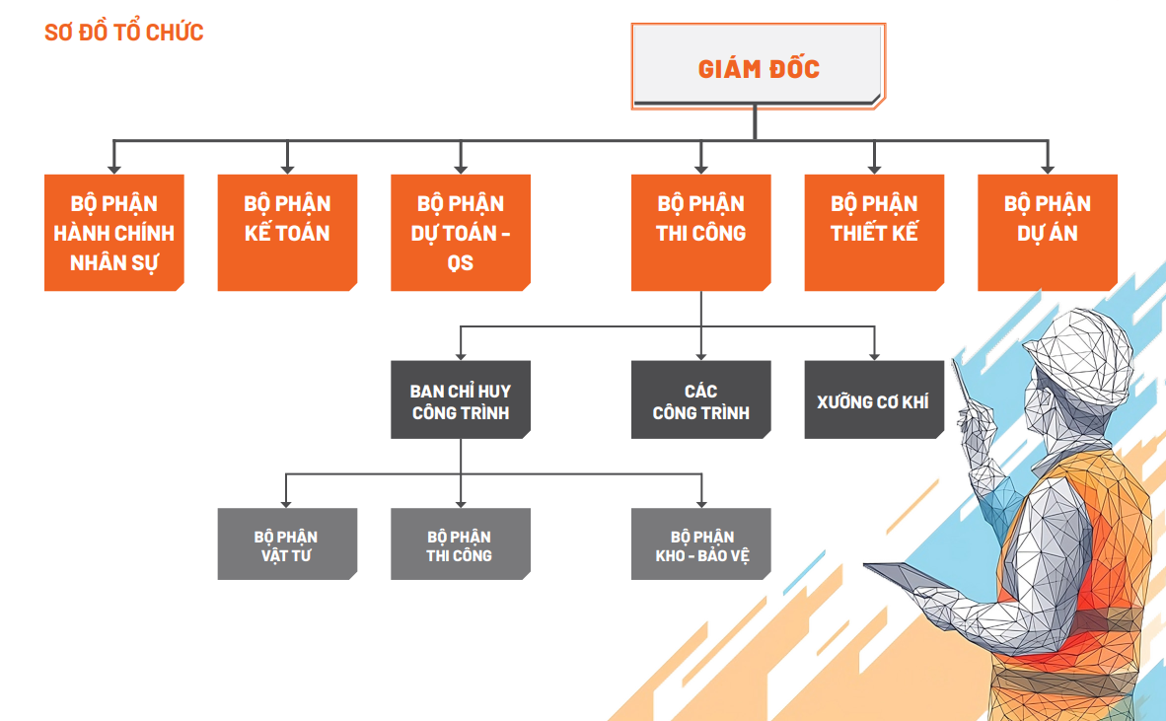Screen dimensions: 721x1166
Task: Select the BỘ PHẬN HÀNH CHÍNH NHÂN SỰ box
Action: [114, 233]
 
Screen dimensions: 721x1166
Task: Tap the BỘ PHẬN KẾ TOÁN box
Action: [287, 233]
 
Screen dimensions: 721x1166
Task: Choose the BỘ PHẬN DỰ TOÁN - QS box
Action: [461, 233]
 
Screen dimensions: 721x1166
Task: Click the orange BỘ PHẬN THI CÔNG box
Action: [701, 233]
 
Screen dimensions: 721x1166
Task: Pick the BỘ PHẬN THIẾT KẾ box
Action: [874, 233]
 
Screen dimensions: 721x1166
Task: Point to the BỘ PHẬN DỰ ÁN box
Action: [1048, 233]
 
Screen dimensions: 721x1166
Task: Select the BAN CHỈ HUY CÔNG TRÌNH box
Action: [461, 399]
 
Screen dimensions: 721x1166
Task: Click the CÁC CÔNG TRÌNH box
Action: [701, 399]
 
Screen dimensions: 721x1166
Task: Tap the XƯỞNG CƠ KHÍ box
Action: [874, 399]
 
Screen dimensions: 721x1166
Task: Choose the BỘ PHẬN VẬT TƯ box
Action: [287, 543]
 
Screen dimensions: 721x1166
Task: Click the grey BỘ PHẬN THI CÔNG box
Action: [461, 543]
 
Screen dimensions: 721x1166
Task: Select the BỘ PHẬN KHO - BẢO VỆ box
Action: [701, 543]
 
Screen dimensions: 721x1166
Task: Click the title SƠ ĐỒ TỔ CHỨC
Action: [124, 32]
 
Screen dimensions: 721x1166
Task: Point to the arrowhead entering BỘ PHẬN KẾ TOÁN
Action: [287, 168]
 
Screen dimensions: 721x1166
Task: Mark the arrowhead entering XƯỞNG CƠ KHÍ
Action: [874, 354]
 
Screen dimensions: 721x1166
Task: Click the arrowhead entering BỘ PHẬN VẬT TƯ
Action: [287, 501]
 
